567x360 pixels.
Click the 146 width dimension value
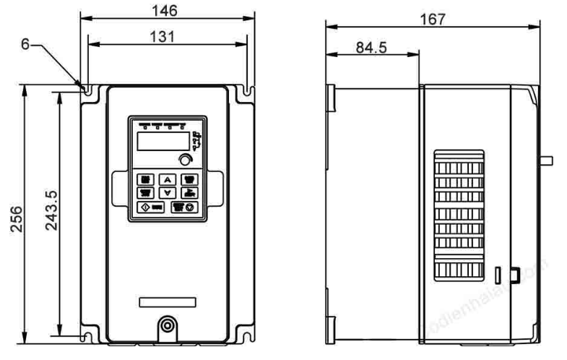[167, 10]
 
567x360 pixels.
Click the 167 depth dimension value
[433, 18]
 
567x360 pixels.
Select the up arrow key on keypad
[167, 179]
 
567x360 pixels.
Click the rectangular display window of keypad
[161, 140]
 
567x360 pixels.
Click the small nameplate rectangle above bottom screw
[167, 301]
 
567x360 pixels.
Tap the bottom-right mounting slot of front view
[248, 334]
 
